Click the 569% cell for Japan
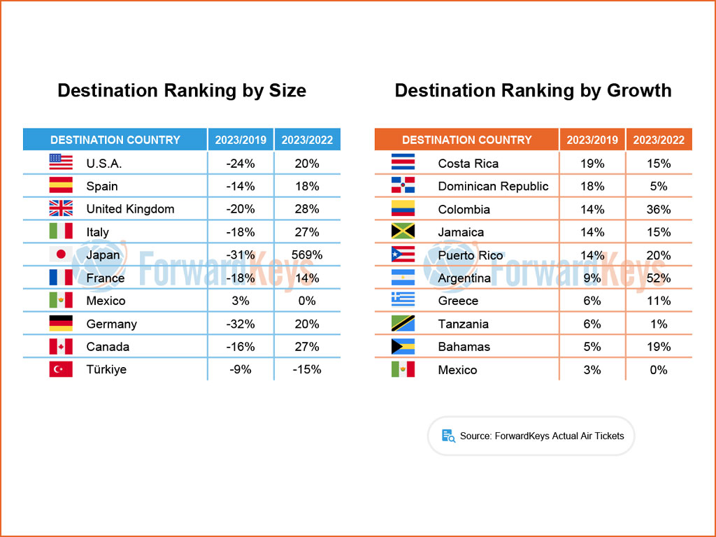point(308,255)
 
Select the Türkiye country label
point(106,369)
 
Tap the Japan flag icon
point(61,255)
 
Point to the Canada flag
point(61,347)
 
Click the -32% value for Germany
point(241,324)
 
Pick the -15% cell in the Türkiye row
point(308,369)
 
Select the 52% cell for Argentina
point(659,278)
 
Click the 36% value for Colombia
point(659,209)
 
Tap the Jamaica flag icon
point(403,232)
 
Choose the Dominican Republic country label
point(493,186)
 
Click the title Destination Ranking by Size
point(182,91)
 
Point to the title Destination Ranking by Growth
point(533,91)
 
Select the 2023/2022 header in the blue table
point(308,140)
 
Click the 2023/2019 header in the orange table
point(592,140)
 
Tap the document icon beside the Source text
point(448,436)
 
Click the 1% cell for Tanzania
point(659,324)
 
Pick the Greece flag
point(403,301)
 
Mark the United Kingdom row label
point(130,209)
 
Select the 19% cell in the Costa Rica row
point(592,164)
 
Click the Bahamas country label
point(464,347)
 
